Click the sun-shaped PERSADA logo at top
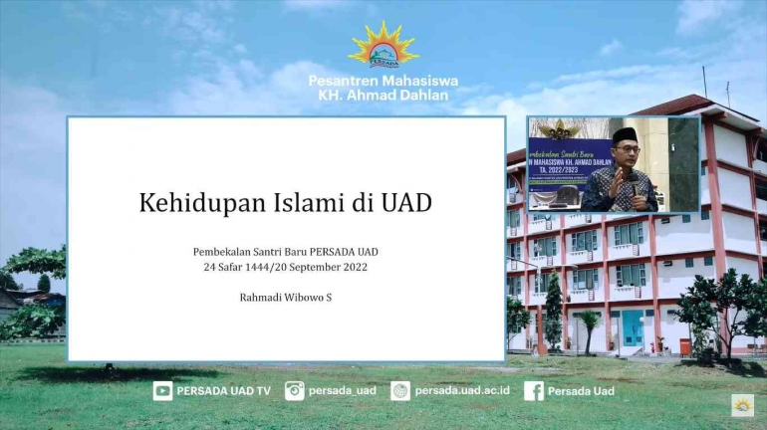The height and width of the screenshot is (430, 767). tap(383, 46)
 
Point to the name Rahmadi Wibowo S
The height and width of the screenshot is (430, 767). tap(286, 297)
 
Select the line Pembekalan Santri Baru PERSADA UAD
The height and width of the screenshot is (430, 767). tap(286, 251)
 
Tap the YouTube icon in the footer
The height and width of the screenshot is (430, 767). tap(162, 391)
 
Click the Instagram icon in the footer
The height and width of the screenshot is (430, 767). tap(294, 391)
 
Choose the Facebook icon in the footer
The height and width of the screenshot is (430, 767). tap(533, 391)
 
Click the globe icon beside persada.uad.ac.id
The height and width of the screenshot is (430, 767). tap(400, 391)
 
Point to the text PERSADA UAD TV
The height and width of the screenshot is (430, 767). tap(223, 391)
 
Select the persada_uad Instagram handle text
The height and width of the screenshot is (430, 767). tap(343, 391)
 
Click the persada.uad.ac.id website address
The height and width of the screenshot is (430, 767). tap(462, 391)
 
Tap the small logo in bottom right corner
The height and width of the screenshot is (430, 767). tap(742, 405)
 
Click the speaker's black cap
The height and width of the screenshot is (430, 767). tap(625, 134)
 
